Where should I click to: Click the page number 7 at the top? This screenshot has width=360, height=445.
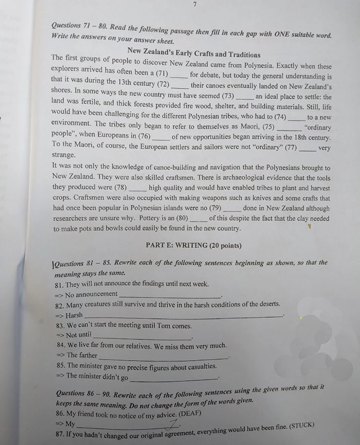195,5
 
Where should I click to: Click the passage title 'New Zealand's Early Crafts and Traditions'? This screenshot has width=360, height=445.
194,55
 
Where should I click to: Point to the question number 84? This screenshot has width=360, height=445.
61,345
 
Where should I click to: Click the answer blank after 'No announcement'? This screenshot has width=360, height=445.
170,295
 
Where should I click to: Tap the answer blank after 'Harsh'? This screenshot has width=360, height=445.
183,316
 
